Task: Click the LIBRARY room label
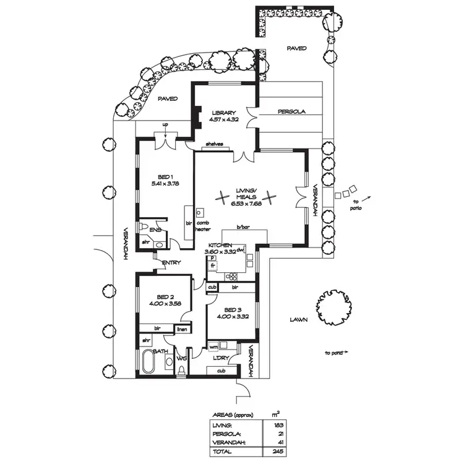coord(223,112)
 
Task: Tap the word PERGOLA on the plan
coord(291,112)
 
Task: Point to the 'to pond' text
coord(334,353)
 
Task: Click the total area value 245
coord(280,452)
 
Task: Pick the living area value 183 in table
coord(280,426)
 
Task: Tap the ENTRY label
coord(171,264)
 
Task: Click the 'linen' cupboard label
coord(183,330)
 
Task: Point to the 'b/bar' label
coord(243,227)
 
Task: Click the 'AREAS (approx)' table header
coord(233,415)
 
